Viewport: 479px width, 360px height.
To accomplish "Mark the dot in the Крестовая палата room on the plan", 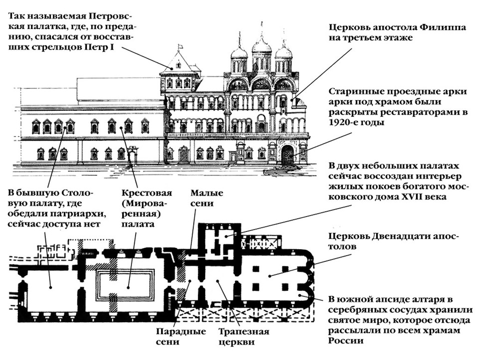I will (128, 287).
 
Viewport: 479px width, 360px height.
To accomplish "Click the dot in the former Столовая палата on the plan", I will (51, 287).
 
